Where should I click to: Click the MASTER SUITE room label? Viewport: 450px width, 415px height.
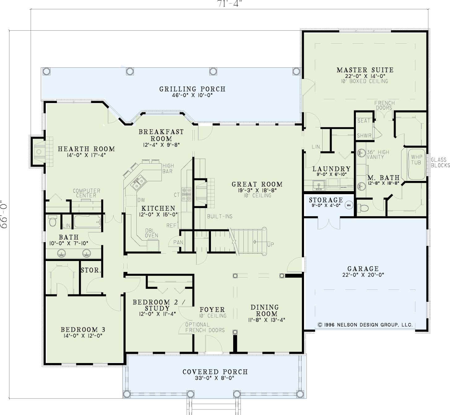(x=365, y=70)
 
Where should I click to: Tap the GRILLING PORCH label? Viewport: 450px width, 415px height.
(x=192, y=89)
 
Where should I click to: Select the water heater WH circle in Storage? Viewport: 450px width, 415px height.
(x=349, y=205)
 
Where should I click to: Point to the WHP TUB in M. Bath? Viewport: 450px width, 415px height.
(x=417, y=164)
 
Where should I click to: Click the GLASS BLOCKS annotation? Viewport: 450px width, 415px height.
(x=440, y=163)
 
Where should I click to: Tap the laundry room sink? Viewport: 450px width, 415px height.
(x=319, y=186)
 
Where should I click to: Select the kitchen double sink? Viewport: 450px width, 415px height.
(x=139, y=183)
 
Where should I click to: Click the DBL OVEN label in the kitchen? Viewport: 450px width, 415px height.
(x=152, y=233)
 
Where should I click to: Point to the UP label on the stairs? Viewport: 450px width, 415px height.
(x=271, y=245)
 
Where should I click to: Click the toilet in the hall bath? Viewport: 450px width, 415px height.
(x=53, y=220)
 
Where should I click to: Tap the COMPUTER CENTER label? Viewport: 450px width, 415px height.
(x=86, y=193)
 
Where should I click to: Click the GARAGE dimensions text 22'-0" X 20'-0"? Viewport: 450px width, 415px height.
(x=363, y=275)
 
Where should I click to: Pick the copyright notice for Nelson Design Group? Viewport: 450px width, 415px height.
(x=365, y=325)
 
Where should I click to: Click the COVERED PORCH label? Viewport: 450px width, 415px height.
(x=215, y=372)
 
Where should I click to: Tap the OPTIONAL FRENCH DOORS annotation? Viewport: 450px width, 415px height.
(x=205, y=327)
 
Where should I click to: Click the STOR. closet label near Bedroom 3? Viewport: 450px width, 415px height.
(x=91, y=270)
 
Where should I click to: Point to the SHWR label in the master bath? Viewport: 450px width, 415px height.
(x=364, y=135)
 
